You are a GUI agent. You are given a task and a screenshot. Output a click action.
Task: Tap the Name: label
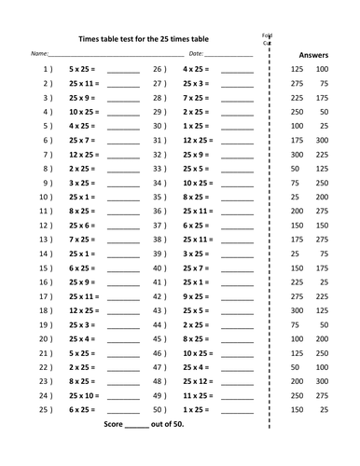pos(40,56)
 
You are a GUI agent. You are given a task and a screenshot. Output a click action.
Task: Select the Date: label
pos(196,56)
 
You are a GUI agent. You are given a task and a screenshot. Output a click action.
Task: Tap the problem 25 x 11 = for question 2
pos(87,84)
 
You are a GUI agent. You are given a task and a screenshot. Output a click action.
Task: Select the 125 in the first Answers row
pos(298,70)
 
